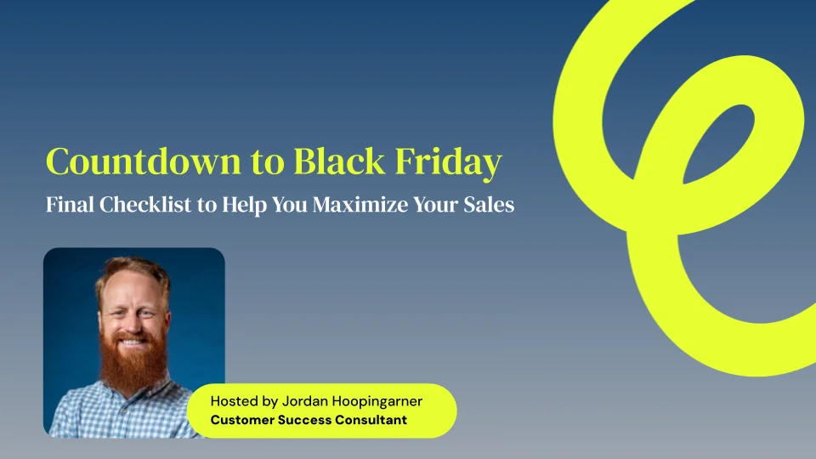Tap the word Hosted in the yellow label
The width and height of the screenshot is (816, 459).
(235, 400)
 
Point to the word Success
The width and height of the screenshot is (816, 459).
(305, 420)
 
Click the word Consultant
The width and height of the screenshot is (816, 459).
(371, 420)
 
